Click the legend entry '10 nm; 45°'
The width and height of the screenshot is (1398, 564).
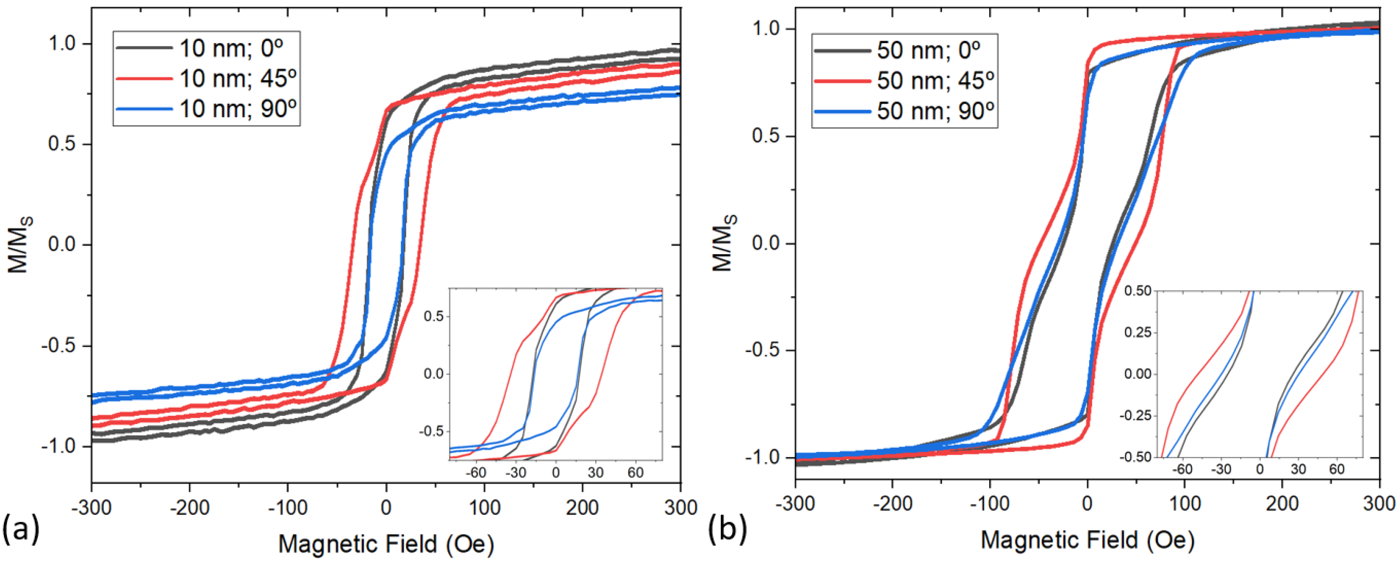(x=238, y=79)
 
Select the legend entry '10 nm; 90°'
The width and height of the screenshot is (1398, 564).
(x=238, y=109)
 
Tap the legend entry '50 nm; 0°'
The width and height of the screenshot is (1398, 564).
(x=929, y=50)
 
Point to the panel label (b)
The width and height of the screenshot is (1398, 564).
(x=727, y=530)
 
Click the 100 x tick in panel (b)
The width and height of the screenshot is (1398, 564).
(x=1184, y=504)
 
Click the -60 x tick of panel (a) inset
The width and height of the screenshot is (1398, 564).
(x=476, y=473)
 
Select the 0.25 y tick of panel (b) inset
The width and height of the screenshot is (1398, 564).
(x=1135, y=332)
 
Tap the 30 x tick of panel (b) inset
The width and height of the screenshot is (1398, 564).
(x=1298, y=469)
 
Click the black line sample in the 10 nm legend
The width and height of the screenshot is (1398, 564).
(x=144, y=48)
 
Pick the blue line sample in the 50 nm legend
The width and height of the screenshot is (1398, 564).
(x=842, y=111)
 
